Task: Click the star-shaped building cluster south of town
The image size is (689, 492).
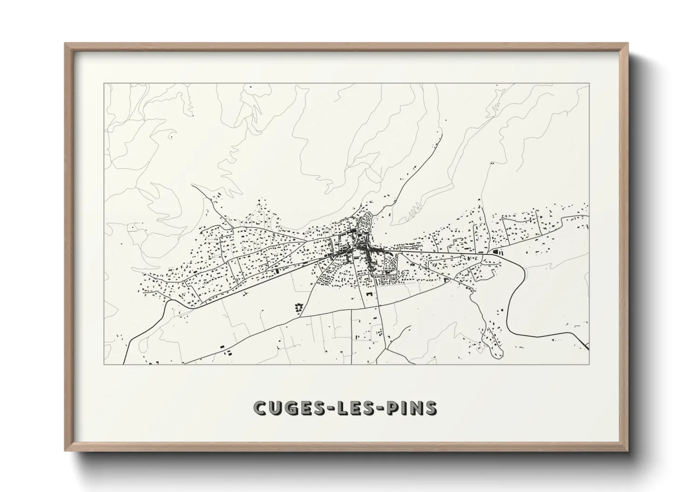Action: point(298,307)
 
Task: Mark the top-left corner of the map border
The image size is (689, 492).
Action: point(104,84)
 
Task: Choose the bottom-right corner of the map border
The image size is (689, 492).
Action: point(589,364)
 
